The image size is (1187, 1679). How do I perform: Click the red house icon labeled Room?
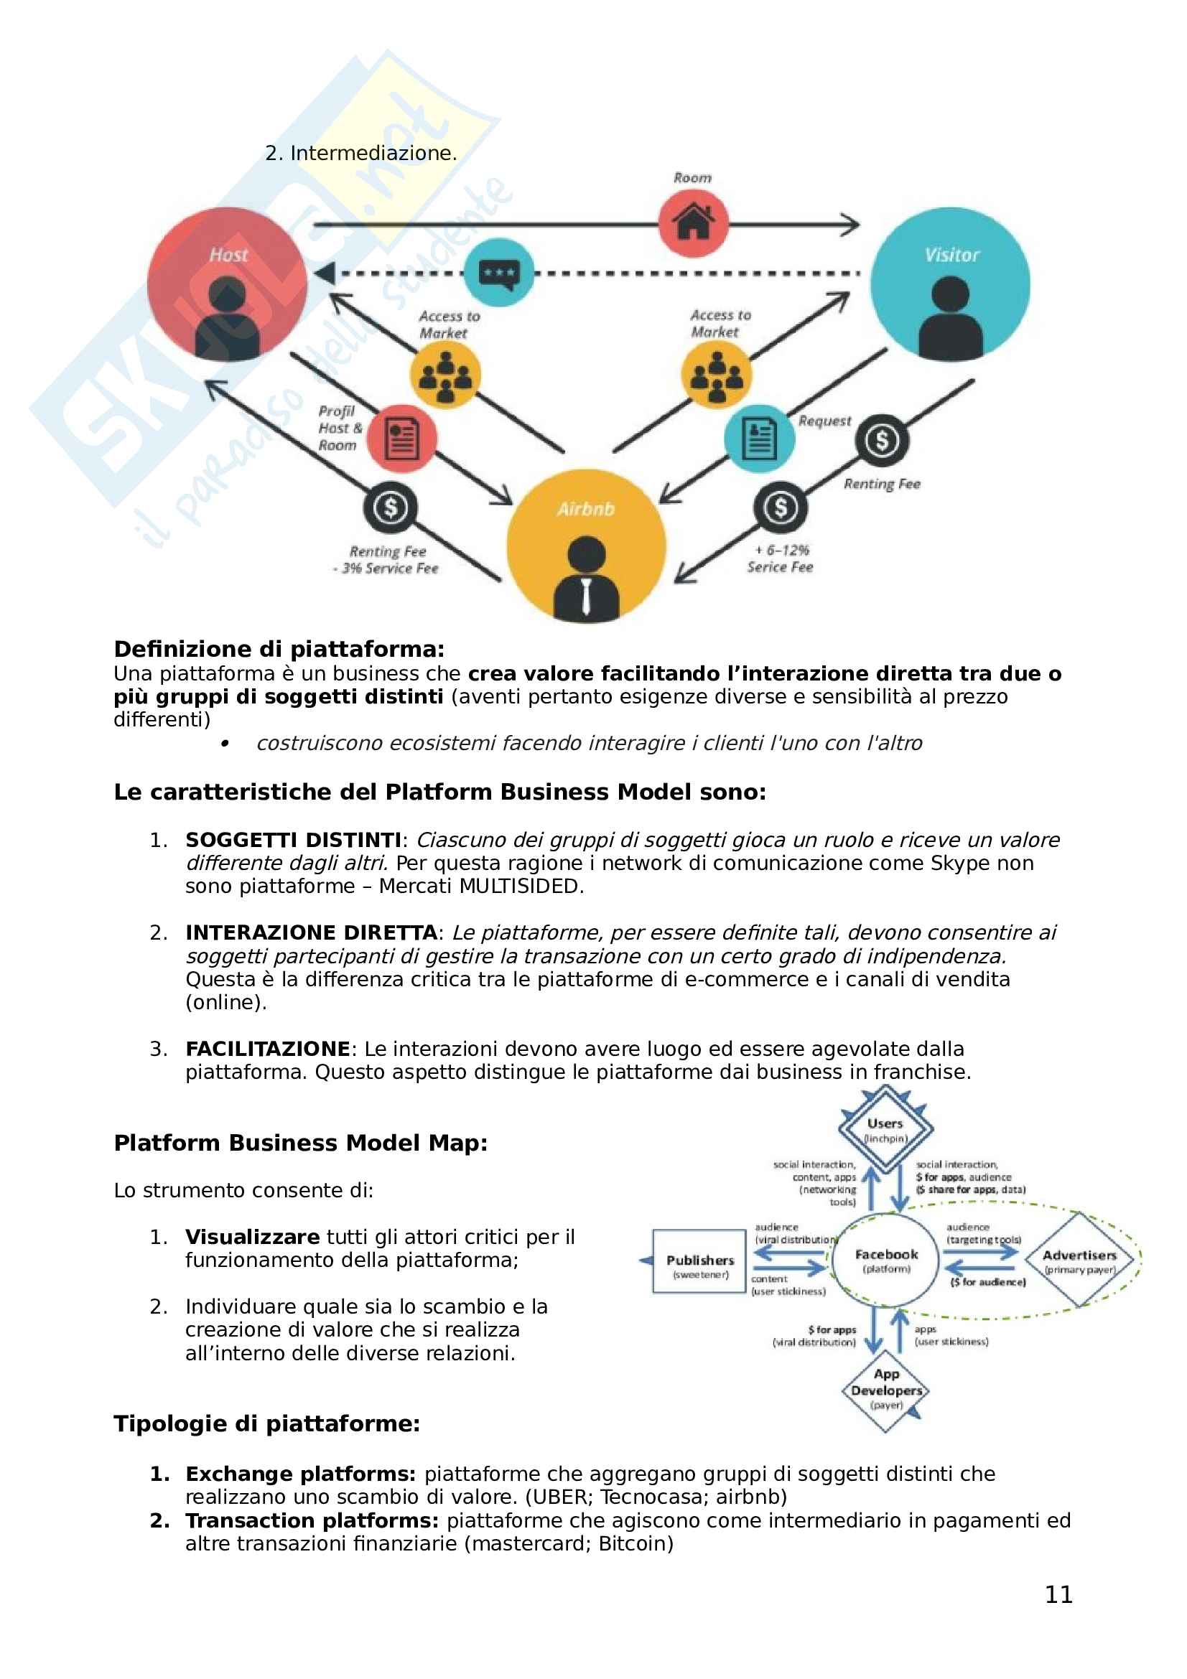pos(693,223)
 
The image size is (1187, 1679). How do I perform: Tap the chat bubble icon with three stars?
pos(500,273)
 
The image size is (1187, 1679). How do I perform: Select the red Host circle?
pos(228,285)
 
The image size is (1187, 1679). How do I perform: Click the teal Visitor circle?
pos(950,285)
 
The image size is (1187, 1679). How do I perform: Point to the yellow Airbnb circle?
pos(586,546)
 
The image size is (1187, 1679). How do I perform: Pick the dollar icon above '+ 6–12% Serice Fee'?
pos(781,507)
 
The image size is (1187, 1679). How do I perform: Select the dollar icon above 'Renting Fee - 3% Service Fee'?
pos(391,508)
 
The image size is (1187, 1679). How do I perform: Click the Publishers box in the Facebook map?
pos(699,1261)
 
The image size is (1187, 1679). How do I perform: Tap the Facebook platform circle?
pos(885,1261)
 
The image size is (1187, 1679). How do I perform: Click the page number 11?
pos(1058,1594)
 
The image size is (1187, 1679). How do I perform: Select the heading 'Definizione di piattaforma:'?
pos(279,649)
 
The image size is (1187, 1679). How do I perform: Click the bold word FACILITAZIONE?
pos(268,1049)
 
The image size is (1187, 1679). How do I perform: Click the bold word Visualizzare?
pos(252,1237)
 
